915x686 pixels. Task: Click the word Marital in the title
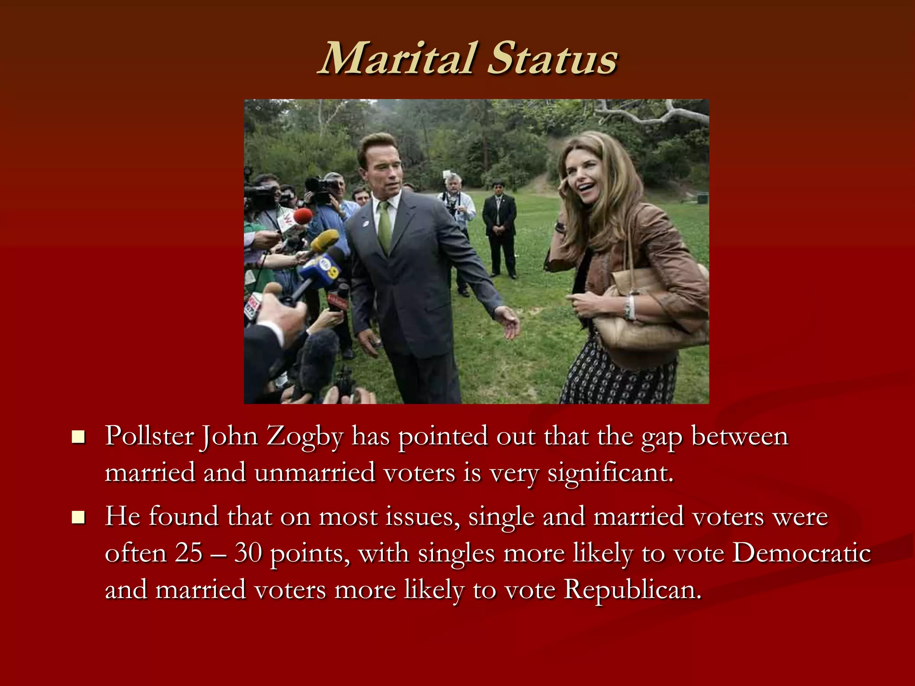pyautogui.click(x=397, y=59)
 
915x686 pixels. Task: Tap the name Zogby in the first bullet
pyautogui.click(x=305, y=436)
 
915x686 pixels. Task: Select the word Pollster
pyautogui.click(x=149, y=436)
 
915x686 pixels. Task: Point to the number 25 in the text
pyautogui.click(x=189, y=553)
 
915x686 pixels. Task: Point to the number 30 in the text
pyautogui.click(x=248, y=553)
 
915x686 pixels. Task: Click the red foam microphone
pyautogui.click(x=302, y=216)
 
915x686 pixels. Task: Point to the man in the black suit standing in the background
pyautogui.click(x=499, y=228)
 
